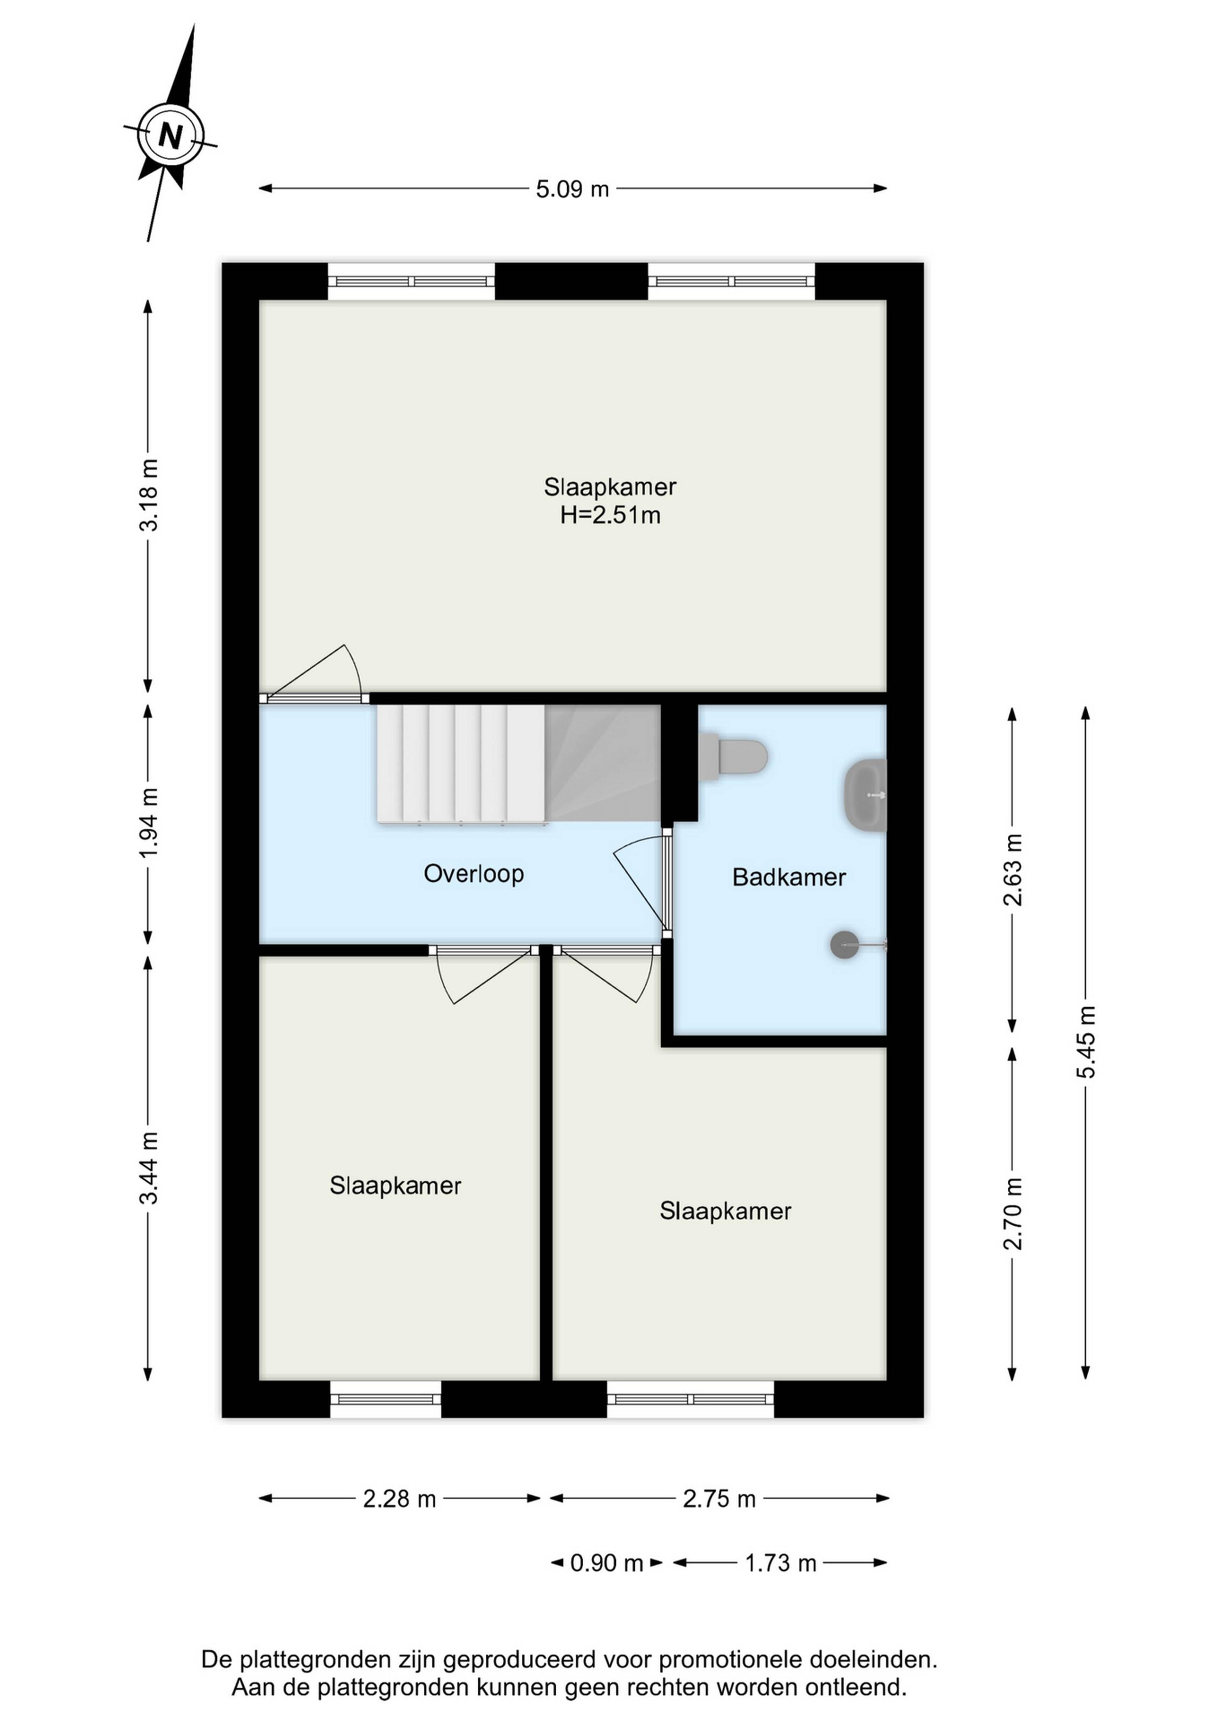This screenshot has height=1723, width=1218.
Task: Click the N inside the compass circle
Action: coord(170,136)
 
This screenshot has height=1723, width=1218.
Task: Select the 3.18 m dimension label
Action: coord(148,495)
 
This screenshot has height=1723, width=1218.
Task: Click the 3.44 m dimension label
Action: coord(148,1168)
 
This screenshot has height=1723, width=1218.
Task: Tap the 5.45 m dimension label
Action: coord(1086,1042)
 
